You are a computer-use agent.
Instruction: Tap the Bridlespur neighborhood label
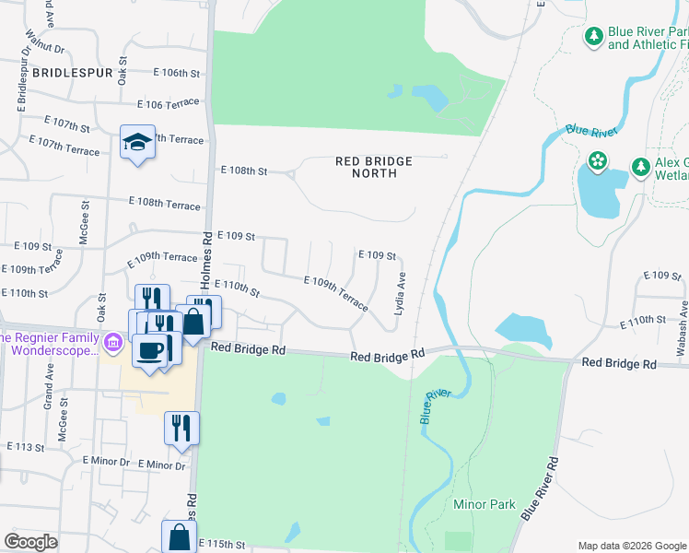coord(72,72)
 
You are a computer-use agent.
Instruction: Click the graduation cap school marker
coord(137,142)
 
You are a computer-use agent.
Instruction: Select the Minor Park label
coord(484,505)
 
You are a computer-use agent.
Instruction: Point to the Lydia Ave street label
coord(400,294)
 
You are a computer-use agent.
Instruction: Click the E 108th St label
coord(244,171)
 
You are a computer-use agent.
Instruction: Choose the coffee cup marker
coord(151,349)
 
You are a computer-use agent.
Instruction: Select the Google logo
coord(31,542)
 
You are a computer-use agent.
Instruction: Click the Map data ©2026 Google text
coord(632,546)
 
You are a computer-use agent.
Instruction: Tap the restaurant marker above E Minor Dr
coord(181,428)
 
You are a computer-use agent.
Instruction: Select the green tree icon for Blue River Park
coord(594,36)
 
